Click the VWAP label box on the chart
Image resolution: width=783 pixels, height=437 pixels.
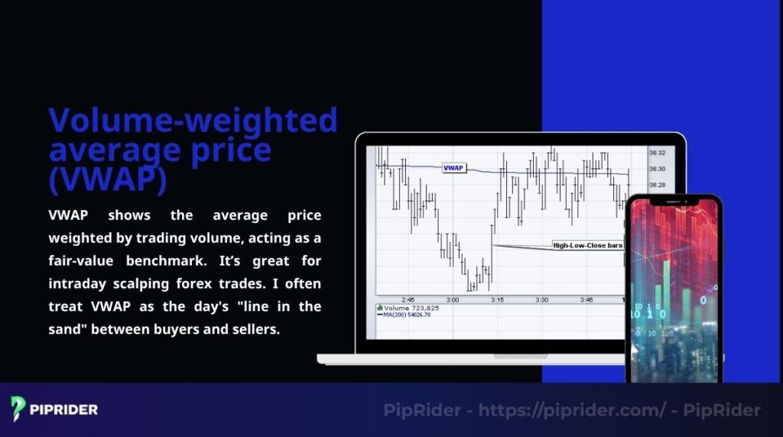[454, 167]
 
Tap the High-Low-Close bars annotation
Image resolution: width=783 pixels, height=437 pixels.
[588, 245]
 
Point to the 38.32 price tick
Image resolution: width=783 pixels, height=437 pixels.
[656, 153]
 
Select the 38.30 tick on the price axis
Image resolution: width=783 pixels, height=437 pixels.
[656, 168]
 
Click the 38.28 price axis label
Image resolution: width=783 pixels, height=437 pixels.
[656, 184]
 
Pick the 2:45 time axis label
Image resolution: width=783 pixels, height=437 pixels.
[408, 299]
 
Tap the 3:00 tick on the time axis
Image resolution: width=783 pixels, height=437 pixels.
[452, 299]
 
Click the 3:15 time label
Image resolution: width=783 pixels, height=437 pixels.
[497, 299]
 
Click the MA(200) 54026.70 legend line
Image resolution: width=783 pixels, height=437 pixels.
[408, 314]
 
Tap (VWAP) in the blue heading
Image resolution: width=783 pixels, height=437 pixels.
[108, 179]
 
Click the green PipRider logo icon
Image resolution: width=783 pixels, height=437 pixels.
[19, 409]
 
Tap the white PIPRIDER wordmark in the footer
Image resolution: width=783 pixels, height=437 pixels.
[64, 409]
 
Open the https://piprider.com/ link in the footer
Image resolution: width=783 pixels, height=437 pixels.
[573, 410]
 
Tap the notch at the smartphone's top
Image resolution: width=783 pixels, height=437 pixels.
[673, 200]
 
